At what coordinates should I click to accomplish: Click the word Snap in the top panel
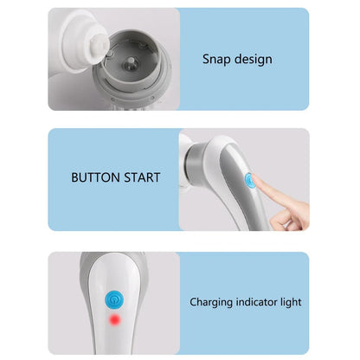[x=215, y=60]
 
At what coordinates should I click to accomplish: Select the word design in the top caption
[x=252, y=60]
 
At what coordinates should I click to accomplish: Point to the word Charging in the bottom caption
[x=213, y=302]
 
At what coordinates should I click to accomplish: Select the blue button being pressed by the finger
[x=250, y=182]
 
